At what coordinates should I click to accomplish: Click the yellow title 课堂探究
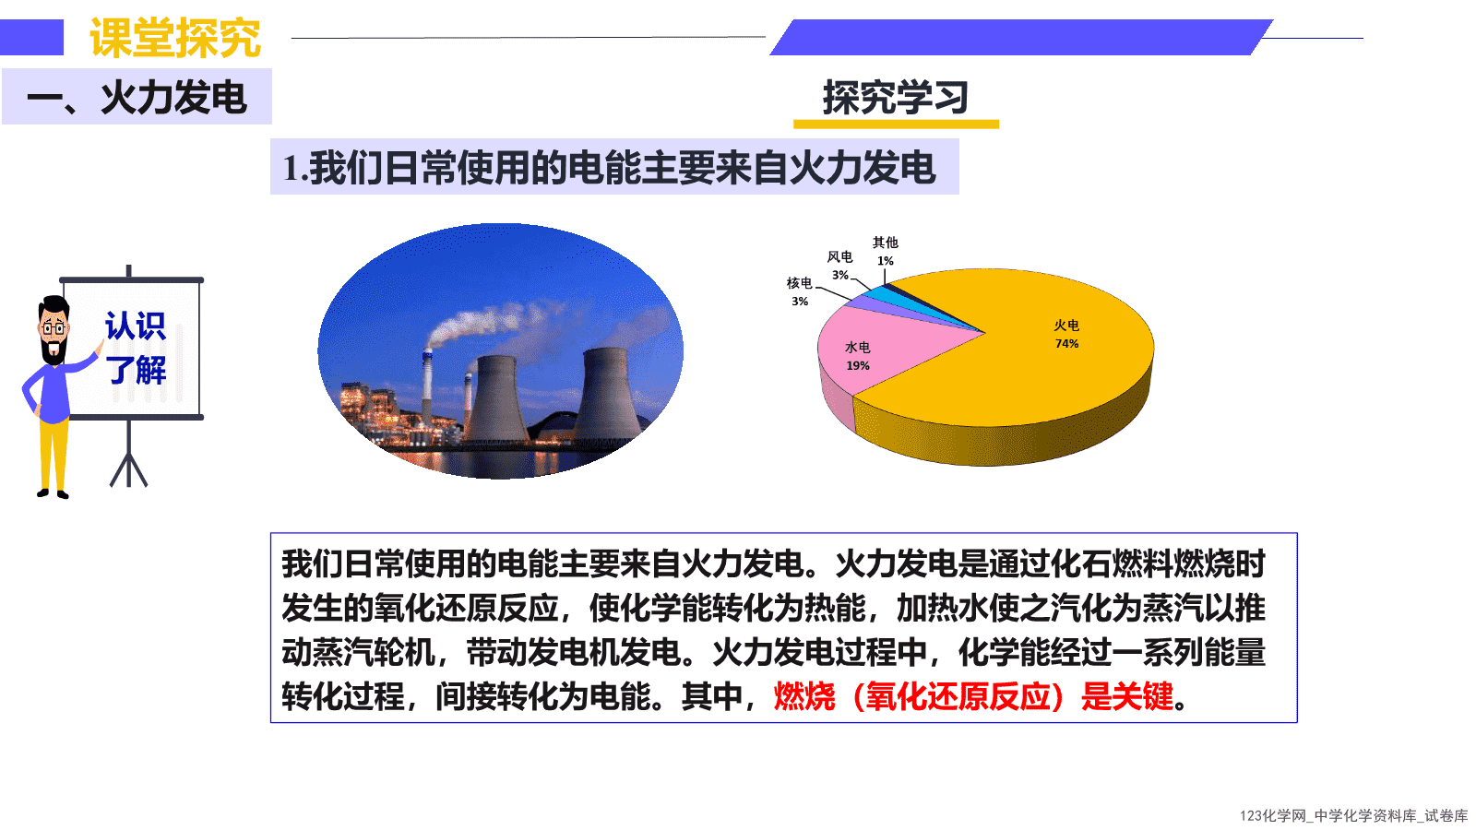coord(175,38)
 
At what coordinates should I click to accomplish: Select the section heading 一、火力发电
coord(137,98)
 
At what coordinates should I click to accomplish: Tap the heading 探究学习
coord(896,98)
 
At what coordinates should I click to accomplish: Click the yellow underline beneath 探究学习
coord(896,124)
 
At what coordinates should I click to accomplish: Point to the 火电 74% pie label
coord(1066,334)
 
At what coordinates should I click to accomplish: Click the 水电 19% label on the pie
coord(858,356)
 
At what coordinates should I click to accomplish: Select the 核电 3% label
coord(799,291)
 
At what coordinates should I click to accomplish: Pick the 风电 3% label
coord(840,266)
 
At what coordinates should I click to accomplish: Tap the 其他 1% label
coord(886,252)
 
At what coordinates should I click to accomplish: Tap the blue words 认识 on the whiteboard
coord(135,326)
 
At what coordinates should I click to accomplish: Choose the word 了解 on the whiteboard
coord(137,370)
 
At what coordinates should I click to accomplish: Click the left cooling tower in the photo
coord(497,398)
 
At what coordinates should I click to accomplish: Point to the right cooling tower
coord(608,393)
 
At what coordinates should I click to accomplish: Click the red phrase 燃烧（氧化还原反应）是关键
coord(973,696)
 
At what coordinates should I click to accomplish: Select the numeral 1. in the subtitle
coord(295,168)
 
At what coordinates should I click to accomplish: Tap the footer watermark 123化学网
coord(1272,816)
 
